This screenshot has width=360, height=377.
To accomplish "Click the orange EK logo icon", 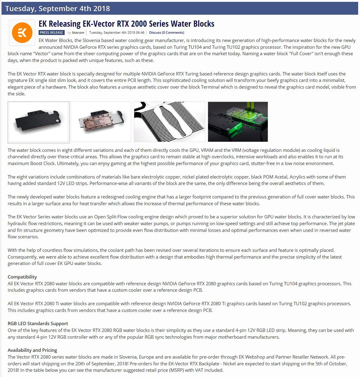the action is coord(22,33).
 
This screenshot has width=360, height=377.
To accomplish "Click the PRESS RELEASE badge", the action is coord(51,33).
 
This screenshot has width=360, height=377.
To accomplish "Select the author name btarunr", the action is coord(78,33).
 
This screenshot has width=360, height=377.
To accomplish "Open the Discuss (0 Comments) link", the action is coord(166,33).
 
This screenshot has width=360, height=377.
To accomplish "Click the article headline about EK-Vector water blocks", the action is coord(127,24).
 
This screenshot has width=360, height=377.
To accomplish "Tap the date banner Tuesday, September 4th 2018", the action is coord(58,9).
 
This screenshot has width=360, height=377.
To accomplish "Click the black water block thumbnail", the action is coord(39,122).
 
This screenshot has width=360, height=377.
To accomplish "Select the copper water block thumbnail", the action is coord(101,122).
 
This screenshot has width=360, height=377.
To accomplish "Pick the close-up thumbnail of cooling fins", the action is coord(169,122).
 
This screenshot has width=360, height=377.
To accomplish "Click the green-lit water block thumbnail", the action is coord(238,122).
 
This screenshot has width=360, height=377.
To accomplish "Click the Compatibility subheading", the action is coord(22,277).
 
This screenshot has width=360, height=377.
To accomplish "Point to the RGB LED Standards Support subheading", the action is coord(38,324).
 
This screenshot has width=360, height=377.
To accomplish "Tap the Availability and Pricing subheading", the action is coord(32,350).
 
